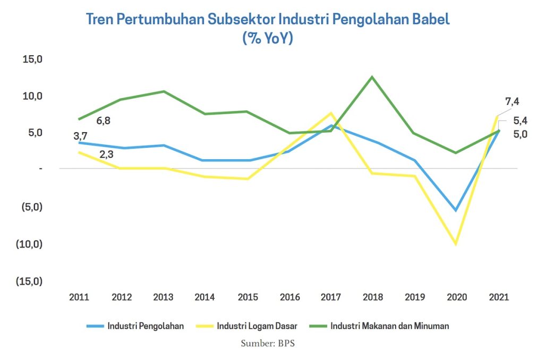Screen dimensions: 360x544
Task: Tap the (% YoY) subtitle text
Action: click(x=268, y=39)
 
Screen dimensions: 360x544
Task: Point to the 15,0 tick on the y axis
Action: click(x=32, y=59)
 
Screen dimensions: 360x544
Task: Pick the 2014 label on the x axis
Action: click(x=205, y=297)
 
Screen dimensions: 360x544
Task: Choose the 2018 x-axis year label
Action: click(x=372, y=297)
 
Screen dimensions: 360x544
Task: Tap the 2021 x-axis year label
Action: click(x=498, y=297)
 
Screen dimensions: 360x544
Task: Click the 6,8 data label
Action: click(x=104, y=121)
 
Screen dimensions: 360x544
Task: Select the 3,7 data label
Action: click(x=80, y=136)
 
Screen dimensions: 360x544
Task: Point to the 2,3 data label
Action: click(x=106, y=155)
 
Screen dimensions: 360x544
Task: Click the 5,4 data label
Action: click(x=520, y=121)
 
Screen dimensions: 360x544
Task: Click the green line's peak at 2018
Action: click(x=372, y=77)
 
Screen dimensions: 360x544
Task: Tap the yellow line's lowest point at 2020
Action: click(x=455, y=244)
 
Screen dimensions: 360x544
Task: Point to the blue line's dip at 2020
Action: click(x=455, y=210)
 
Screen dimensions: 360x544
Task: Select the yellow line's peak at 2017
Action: click(x=330, y=113)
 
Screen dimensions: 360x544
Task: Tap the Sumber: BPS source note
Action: click(x=268, y=343)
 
